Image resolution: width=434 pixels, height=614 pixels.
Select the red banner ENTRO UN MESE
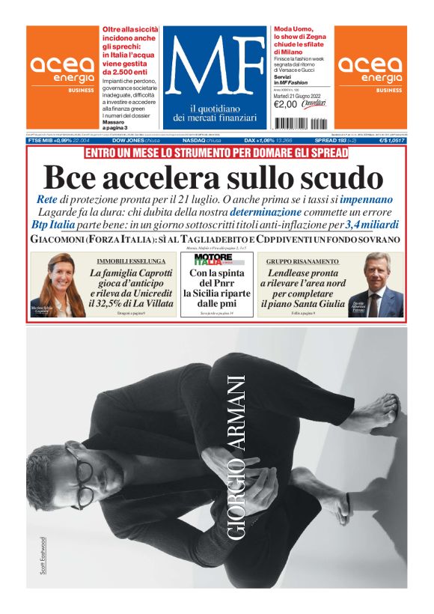coord(216,153)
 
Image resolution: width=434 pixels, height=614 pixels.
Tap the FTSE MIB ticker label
coord(43,140)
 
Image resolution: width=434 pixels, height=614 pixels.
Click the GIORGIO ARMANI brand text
coord(237,457)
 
